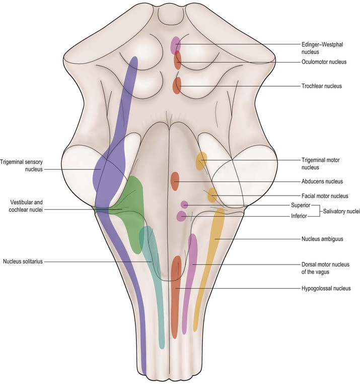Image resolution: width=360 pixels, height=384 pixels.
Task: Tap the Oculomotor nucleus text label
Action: (x=322, y=63)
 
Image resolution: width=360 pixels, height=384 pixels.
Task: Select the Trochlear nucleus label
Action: (x=321, y=86)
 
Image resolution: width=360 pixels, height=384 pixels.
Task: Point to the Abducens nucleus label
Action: (x=322, y=181)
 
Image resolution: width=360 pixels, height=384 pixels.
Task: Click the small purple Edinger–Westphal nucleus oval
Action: (x=175, y=45)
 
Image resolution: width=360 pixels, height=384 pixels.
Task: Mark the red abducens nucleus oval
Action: (x=175, y=179)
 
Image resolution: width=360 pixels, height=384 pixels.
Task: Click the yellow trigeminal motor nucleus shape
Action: (x=201, y=161)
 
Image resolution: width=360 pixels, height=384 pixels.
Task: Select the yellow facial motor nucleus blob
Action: (x=212, y=194)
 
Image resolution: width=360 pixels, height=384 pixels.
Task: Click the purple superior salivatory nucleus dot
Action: (x=184, y=205)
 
